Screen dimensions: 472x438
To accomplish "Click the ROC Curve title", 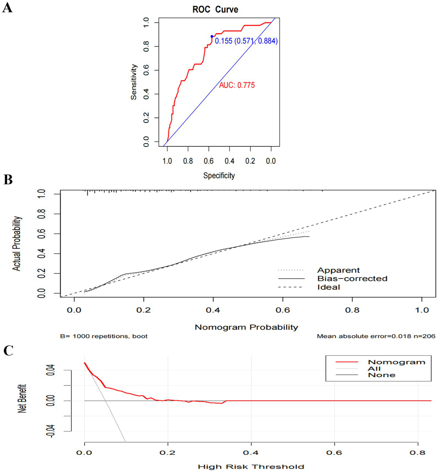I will (215, 9).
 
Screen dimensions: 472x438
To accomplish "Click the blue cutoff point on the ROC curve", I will (212, 37).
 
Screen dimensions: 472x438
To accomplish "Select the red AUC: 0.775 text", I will (237, 85).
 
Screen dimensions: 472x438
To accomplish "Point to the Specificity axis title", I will (219, 175).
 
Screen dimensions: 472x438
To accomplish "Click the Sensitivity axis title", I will (134, 82).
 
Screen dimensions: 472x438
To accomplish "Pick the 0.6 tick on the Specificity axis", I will (209, 161).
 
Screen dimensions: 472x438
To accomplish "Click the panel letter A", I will (7, 8).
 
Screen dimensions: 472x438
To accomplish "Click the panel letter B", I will (8, 180).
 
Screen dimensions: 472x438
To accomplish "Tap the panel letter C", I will (8, 351).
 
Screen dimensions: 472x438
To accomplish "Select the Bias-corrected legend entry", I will (352, 279).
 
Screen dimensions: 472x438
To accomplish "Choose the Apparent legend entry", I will (338, 270).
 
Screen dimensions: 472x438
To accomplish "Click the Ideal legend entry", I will (328, 287).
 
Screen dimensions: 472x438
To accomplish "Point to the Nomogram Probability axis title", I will (246, 327).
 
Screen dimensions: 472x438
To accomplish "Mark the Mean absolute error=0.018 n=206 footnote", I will (376, 336).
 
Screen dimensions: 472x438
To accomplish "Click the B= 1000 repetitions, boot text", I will (104, 336).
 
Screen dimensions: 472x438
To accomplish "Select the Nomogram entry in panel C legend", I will (396, 362).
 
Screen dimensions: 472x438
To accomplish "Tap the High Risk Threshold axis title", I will (251, 467).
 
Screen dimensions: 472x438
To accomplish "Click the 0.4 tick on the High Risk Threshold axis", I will (251, 453).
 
